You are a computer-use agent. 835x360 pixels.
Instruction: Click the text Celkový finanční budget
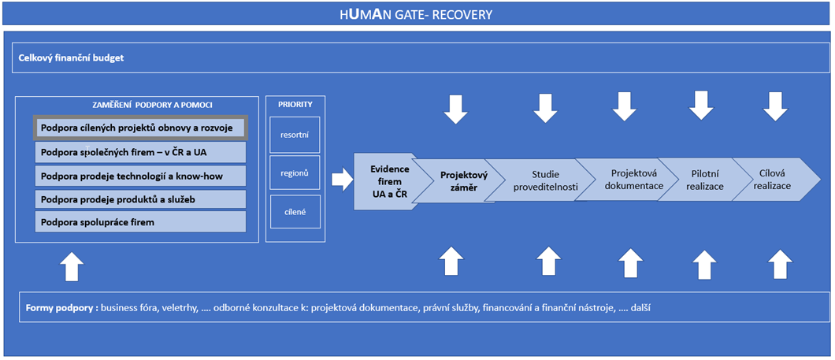point(71,58)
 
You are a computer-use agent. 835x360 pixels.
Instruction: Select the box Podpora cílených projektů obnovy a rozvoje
point(140,128)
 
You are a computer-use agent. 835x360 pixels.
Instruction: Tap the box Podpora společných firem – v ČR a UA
point(140,152)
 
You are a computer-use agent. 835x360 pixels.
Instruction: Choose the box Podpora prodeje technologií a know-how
point(140,176)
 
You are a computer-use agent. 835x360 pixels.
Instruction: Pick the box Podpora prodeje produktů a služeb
point(140,199)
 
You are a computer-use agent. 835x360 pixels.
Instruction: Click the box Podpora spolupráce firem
point(140,221)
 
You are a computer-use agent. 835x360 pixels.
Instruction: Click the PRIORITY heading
point(295,105)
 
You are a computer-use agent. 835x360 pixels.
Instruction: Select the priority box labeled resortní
point(295,134)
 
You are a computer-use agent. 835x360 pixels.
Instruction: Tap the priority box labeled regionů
point(295,173)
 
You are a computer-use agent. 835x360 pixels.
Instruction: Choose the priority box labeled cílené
point(295,213)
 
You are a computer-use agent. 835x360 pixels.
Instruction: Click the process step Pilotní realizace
point(704,180)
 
